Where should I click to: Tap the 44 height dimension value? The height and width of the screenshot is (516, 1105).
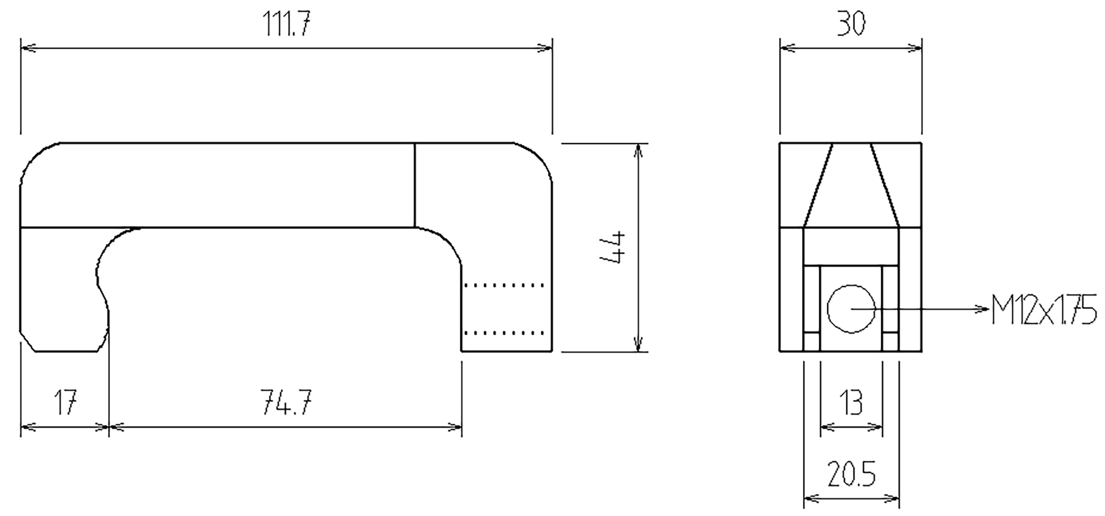point(612,247)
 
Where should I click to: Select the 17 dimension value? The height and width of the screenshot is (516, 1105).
point(66,402)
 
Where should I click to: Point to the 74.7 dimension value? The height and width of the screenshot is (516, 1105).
point(286,402)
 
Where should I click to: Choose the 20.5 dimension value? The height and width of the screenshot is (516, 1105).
point(852,474)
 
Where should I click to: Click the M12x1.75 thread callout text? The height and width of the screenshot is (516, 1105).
point(1044,309)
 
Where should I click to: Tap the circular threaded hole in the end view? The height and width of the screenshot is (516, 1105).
point(851,309)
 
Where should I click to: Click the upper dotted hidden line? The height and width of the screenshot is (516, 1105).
point(504,285)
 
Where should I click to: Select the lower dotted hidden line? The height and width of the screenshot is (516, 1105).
point(504,333)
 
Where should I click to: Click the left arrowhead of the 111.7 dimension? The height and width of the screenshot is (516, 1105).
point(28,48)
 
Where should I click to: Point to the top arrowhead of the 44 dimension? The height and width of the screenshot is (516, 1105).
point(638,151)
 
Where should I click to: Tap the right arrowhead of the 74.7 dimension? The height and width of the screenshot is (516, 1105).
point(454,427)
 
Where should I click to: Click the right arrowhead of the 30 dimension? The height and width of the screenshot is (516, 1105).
point(914,48)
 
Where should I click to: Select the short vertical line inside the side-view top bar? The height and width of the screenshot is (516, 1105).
point(415,185)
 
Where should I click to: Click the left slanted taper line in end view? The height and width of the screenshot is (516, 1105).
point(818,185)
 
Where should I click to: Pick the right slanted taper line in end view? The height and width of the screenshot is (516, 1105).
point(884,185)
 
